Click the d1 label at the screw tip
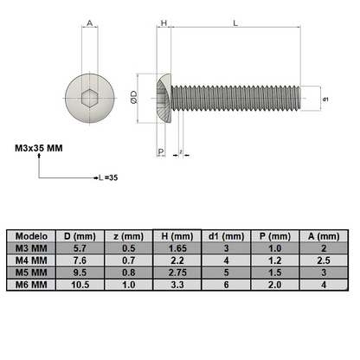click(325, 100)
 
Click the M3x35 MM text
click(40, 149)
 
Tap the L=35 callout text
click(109, 177)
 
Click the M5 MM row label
click(31, 272)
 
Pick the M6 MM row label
click(31, 284)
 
